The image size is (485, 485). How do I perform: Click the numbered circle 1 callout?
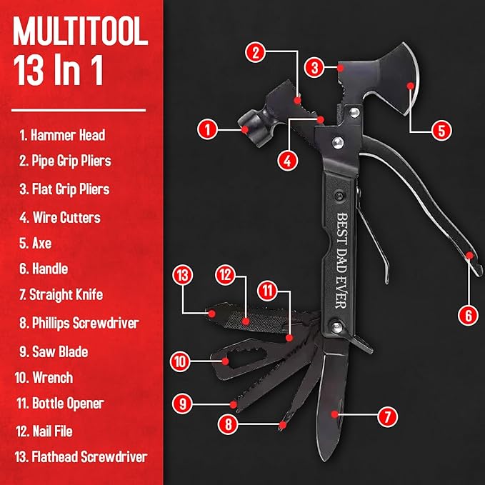[207, 129]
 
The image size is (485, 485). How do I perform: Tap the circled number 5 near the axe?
[441, 130]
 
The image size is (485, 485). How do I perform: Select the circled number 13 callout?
[182, 275]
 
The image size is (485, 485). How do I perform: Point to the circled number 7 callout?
[388, 416]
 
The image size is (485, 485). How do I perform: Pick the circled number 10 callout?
[180, 361]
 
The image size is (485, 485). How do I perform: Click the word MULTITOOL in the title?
[81, 31]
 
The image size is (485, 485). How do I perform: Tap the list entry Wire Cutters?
[60, 217]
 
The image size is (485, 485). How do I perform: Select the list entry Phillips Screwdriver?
[79, 323]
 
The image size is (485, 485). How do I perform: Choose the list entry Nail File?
[44, 431]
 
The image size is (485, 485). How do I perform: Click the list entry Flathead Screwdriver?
[81, 457]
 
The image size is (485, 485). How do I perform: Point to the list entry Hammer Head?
[62, 135]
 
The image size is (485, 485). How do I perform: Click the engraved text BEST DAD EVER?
[341, 261]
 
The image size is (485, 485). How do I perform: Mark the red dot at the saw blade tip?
[234, 404]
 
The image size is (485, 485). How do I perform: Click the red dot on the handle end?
[469, 256]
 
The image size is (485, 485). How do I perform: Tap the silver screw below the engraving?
[337, 327]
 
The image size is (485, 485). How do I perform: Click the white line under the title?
[79, 110]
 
